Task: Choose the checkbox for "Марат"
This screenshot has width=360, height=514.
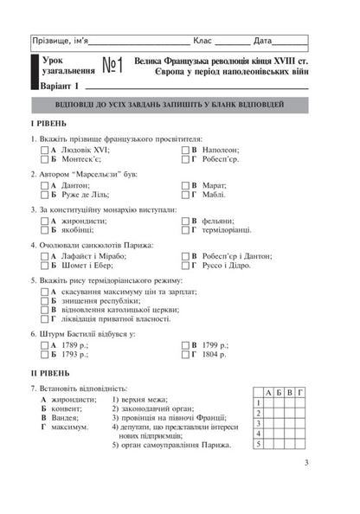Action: [184, 185]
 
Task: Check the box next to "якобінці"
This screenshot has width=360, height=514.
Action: [45, 231]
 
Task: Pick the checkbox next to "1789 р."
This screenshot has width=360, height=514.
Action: [45, 345]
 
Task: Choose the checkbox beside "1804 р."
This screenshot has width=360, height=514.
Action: [184, 356]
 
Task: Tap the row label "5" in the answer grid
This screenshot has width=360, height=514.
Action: [259, 444]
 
